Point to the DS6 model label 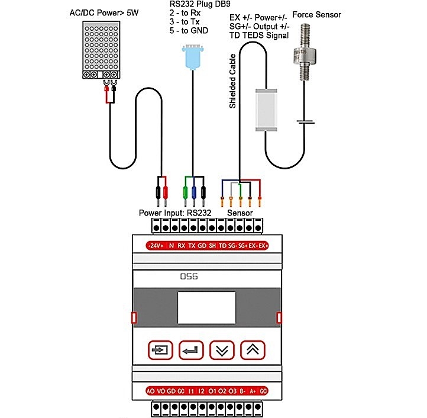click(188, 276)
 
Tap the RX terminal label click(182, 245)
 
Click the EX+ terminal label click(263, 245)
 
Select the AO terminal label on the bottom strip click(150, 391)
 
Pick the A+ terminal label click(253, 391)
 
